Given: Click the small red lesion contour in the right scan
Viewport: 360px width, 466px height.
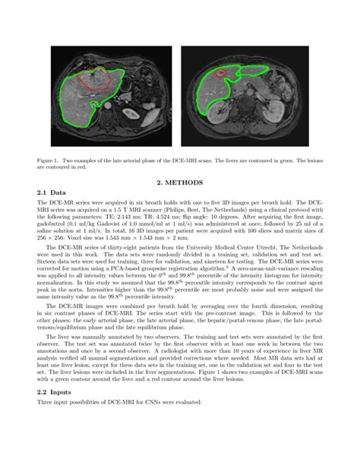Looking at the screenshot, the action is [x=221, y=74].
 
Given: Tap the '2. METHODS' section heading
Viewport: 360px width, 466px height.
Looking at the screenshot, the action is [x=180, y=183].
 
